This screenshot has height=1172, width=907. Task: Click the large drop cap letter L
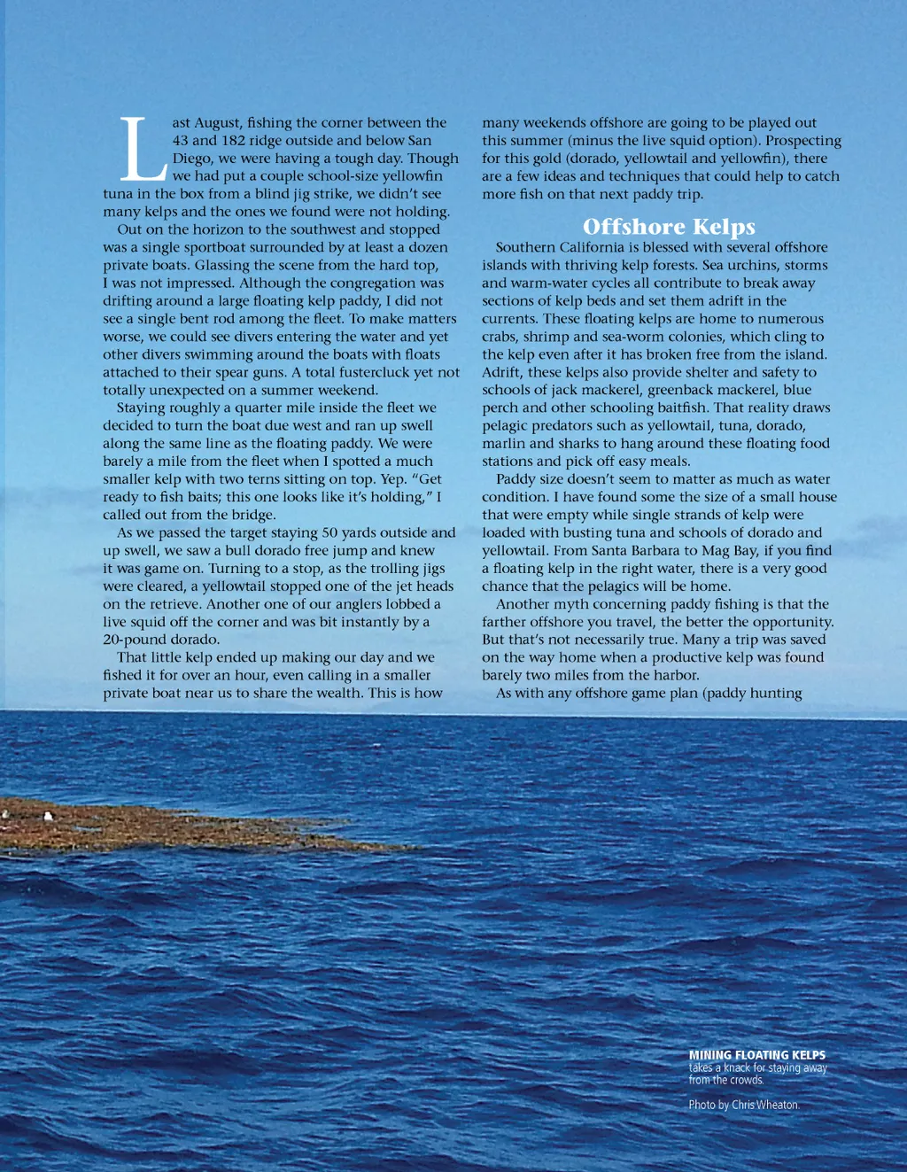tap(141, 149)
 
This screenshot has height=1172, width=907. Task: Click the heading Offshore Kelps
tap(669, 227)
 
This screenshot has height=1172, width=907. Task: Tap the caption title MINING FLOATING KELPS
tap(756, 1055)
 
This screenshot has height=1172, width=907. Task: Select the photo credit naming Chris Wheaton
tap(743, 1105)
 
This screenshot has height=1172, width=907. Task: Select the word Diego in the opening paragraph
tap(192, 158)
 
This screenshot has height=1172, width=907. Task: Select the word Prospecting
tap(803, 140)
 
